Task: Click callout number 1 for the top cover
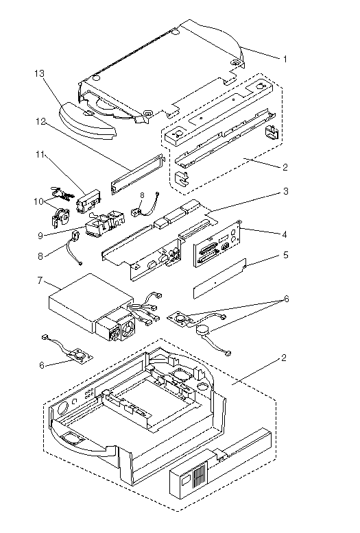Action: click(285, 59)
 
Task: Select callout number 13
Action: click(40, 73)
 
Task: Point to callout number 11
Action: click(40, 155)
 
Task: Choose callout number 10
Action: click(39, 201)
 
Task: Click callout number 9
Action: click(40, 236)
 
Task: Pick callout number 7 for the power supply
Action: click(40, 280)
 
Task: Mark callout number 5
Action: click(285, 255)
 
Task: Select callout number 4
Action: click(285, 234)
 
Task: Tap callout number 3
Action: click(286, 191)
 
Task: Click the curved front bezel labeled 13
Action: click(88, 121)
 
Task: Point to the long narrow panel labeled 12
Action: click(136, 174)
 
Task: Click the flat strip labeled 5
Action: click(219, 278)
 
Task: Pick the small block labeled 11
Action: click(88, 205)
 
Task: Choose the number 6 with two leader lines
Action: click(286, 299)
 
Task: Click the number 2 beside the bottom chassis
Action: click(284, 358)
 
